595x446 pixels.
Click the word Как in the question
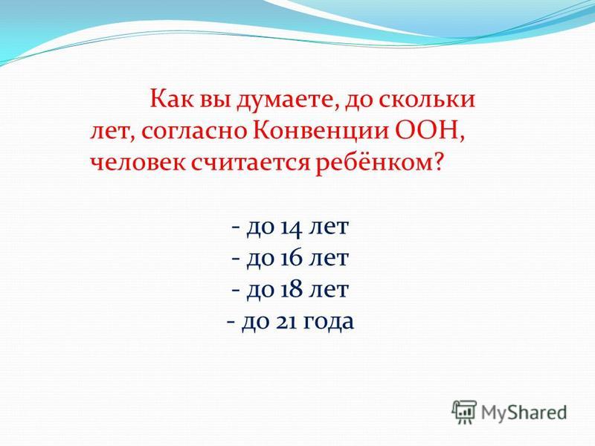[172, 100]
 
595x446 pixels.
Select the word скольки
[427, 100]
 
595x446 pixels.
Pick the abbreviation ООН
[429, 132]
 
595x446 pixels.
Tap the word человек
[137, 164]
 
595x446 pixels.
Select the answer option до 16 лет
[290, 259]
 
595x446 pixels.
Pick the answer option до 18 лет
[290, 290]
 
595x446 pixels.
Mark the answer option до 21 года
[290, 322]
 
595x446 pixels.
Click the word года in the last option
[329, 323]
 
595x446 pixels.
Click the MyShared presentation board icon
[463, 412]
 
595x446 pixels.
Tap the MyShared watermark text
[524, 413]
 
